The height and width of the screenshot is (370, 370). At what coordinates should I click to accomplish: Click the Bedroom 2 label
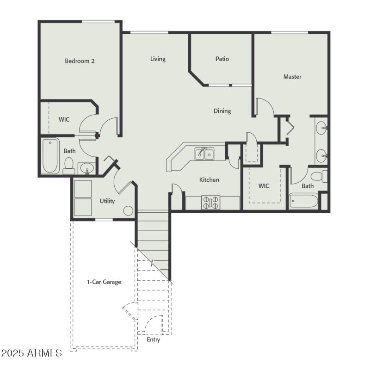(80, 61)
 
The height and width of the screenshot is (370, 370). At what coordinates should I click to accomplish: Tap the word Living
(158, 59)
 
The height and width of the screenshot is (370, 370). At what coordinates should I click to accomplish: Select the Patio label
(222, 59)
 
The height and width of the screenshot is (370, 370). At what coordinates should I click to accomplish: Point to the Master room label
(292, 77)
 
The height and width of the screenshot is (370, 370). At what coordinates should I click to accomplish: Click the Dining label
(222, 111)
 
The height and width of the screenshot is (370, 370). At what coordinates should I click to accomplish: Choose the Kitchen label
(209, 179)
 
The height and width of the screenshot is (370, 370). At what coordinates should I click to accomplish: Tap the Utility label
(107, 201)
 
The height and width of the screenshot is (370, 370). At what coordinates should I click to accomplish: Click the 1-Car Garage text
(104, 282)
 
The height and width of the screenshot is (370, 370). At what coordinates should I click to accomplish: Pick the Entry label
(153, 339)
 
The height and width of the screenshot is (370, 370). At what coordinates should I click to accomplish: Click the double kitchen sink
(204, 154)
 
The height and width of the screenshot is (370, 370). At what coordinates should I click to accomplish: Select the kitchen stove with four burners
(211, 203)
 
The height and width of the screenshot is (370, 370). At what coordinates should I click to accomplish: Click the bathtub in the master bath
(304, 202)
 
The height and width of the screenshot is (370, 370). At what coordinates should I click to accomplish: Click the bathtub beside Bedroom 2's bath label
(50, 155)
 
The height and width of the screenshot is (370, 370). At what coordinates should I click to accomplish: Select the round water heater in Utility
(128, 210)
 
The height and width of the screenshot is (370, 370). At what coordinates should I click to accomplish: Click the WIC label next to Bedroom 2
(64, 119)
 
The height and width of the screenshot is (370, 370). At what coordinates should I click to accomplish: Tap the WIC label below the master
(264, 186)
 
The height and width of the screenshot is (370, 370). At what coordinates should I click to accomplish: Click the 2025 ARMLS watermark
(31, 353)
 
